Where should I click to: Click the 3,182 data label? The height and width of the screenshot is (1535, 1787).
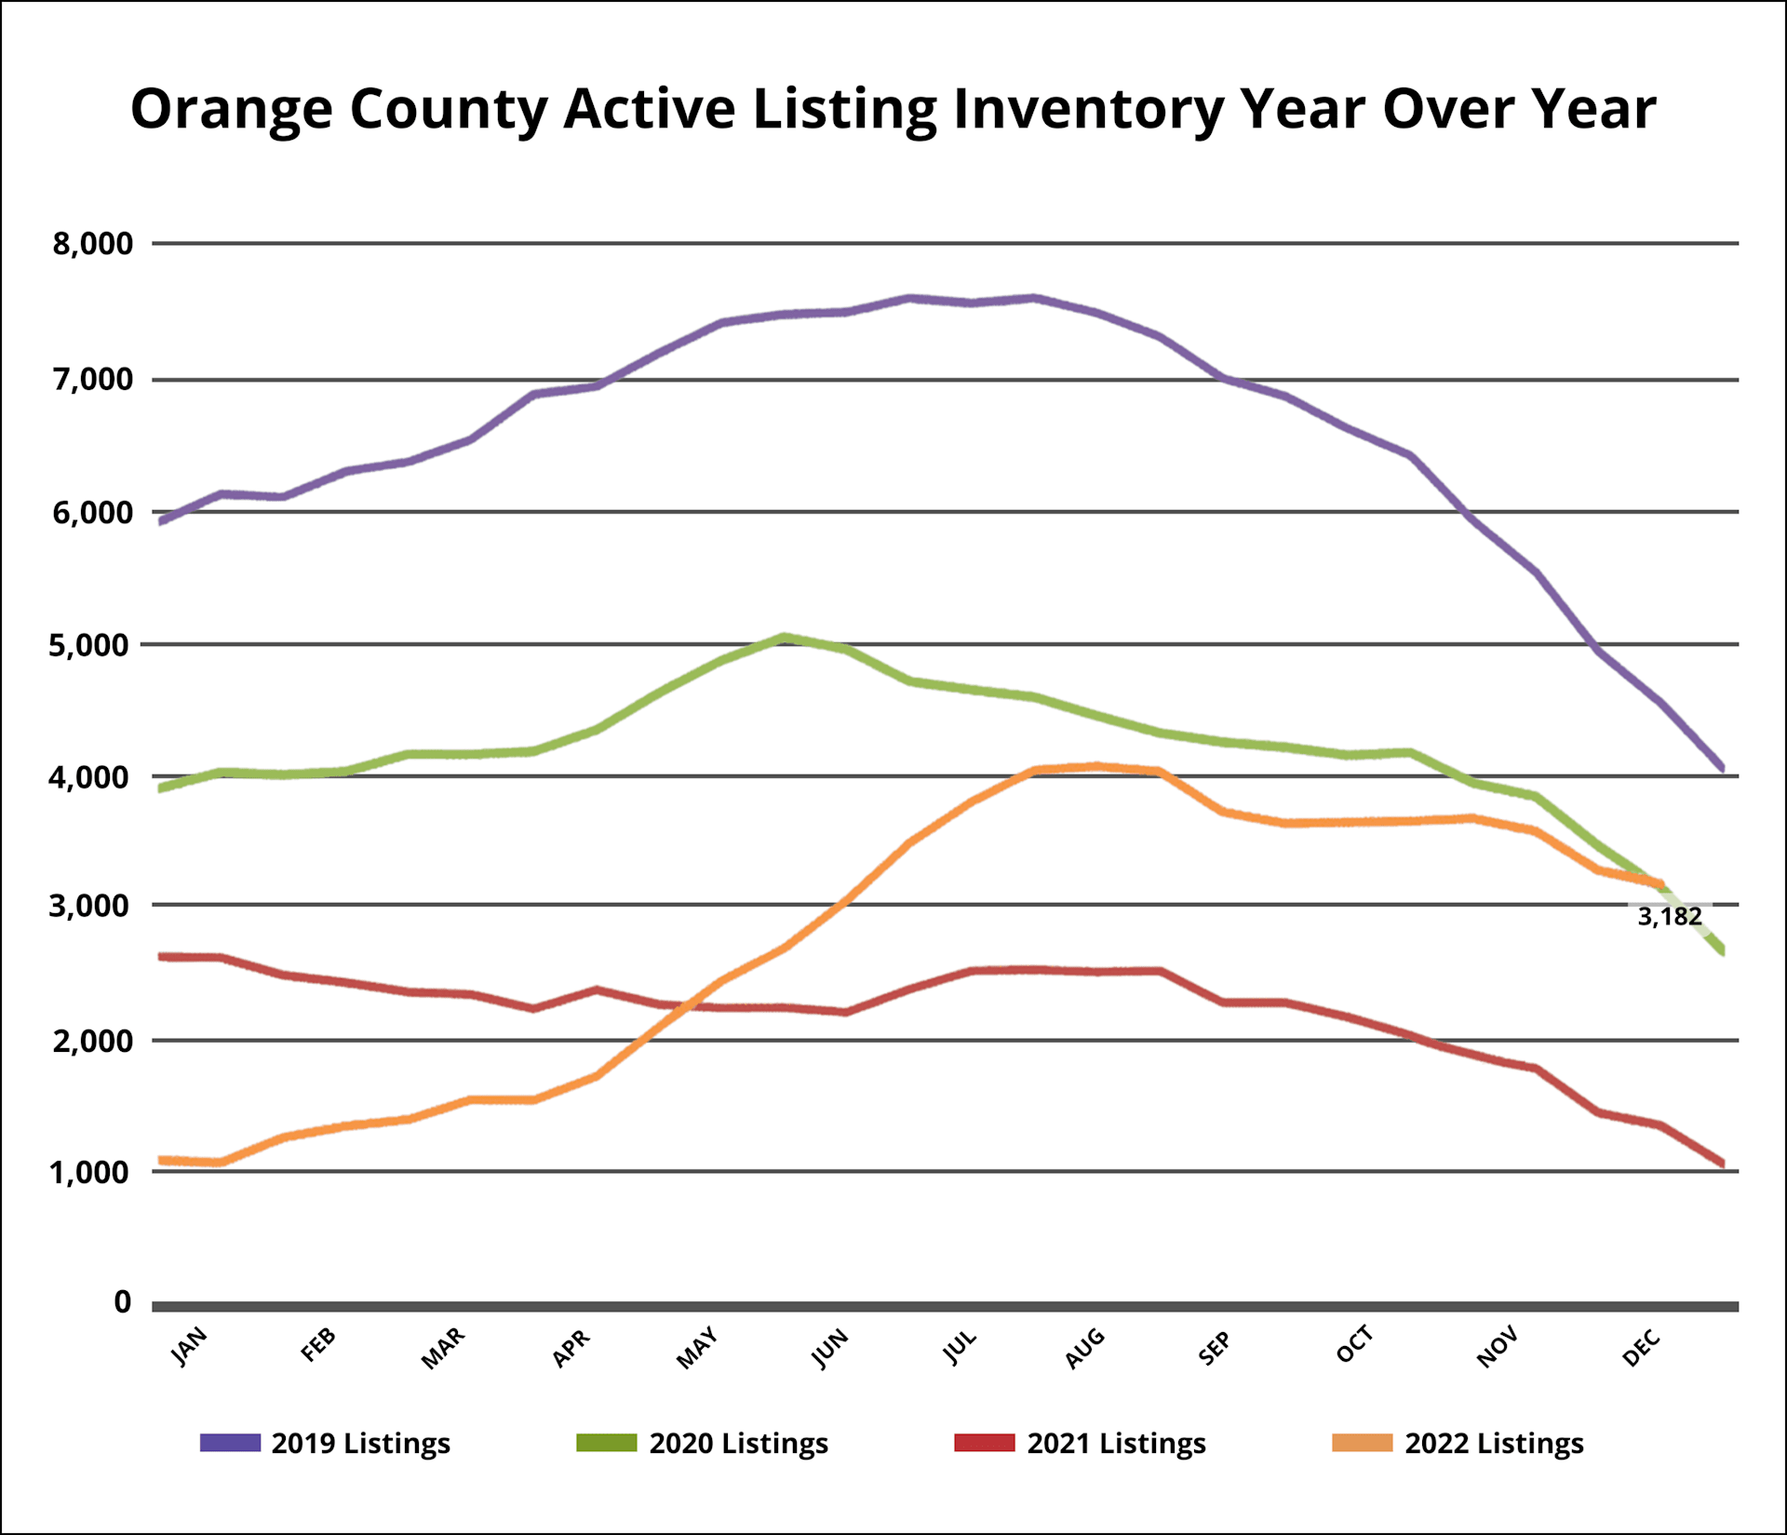[1669, 917]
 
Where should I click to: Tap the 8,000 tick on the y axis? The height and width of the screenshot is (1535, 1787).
[92, 244]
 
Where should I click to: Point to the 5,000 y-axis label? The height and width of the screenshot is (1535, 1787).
[90, 645]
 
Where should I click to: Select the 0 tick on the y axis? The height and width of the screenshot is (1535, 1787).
[122, 1302]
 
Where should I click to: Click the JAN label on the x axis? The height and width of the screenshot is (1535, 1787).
[190, 1346]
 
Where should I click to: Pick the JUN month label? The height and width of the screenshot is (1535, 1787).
[830, 1348]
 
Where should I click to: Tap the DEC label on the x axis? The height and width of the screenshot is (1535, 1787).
[1641, 1347]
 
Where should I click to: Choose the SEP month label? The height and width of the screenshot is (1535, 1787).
[1215, 1348]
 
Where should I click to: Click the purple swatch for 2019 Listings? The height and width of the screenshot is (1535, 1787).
[230, 1443]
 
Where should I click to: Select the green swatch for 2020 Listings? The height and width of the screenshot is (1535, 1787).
[606, 1443]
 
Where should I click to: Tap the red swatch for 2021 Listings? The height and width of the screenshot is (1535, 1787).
[984, 1443]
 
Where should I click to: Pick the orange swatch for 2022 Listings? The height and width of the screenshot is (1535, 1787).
[1362, 1443]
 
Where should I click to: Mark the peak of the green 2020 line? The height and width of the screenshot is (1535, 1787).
[785, 638]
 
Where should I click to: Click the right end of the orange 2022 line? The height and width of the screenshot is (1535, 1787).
[1659, 883]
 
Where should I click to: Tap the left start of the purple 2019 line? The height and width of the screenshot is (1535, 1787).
[162, 521]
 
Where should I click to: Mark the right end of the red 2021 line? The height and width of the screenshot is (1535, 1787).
[1723, 1164]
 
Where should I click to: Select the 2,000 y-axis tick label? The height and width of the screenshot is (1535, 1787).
[92, 1041]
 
